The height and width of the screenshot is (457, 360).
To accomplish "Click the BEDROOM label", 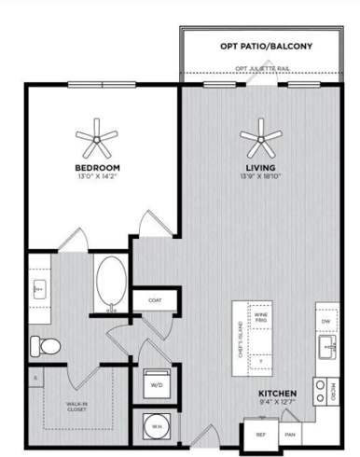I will tap(98, 168).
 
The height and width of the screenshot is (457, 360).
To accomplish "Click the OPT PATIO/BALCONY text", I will tap(265, 46).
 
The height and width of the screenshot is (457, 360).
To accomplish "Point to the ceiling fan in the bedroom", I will tap(98, 142).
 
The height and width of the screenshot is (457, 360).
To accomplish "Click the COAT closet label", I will tap(154, 300).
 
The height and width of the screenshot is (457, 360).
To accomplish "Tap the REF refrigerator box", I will tap(261, 435).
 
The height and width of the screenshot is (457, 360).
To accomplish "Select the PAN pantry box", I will tap(290, 435).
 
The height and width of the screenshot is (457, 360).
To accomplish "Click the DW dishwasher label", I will tap(325, 321).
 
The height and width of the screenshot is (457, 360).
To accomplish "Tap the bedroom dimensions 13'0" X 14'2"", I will tap(98, 177).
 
